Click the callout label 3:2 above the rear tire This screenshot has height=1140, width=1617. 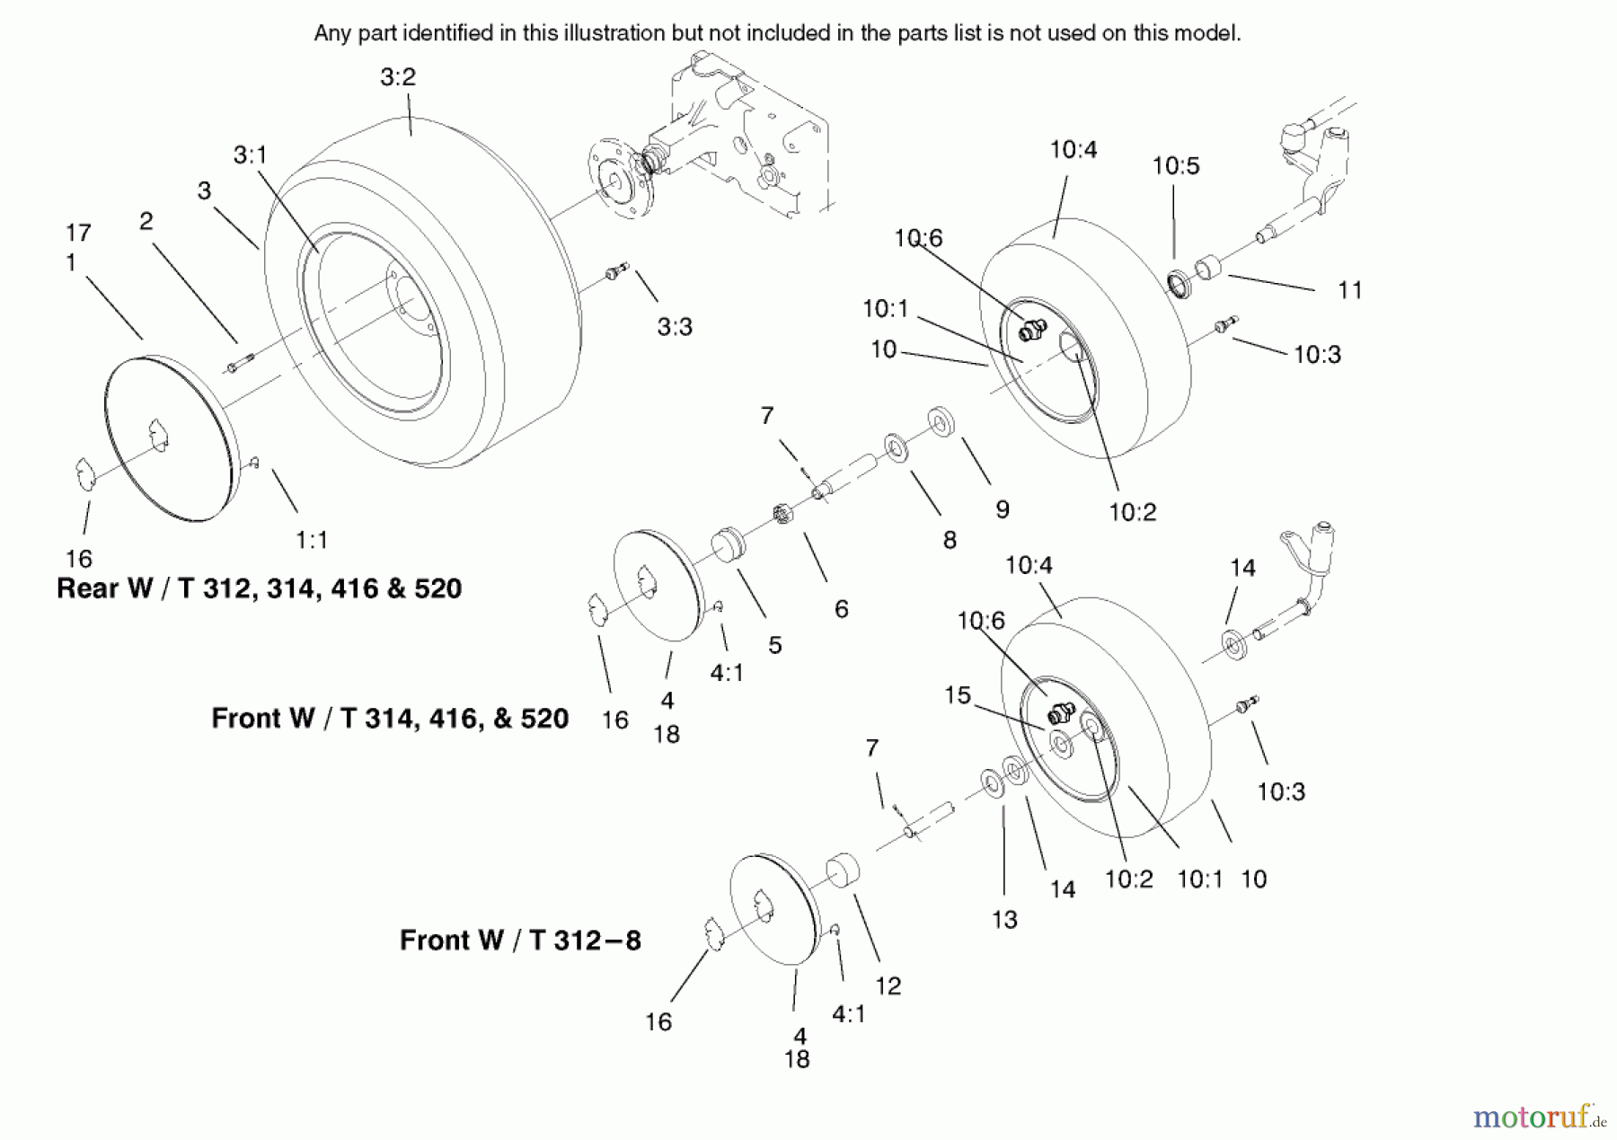tap(397, 77)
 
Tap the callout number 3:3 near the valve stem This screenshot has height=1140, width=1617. tap(674, 327)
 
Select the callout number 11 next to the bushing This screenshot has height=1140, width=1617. tap(1349, 290)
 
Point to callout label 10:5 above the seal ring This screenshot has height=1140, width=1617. tap(1175, 166)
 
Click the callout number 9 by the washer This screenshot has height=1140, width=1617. tap(1003, 509)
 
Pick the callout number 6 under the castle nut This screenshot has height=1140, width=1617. tap(841, 609)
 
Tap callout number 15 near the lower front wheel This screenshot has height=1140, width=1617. tap(957, 695)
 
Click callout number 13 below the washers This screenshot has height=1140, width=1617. tap(1004, 919)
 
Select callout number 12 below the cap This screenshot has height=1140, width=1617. tap(888, 985)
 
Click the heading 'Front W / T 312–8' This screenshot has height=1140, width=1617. tap(520, 941)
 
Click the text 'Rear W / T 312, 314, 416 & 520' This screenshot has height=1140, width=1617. tap(259, 589)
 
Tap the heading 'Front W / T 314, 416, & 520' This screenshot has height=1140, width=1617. tap(390, 719)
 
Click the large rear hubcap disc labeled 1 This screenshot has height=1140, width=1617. tap(172, 438)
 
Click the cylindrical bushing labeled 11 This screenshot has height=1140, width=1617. tap(1207, 268)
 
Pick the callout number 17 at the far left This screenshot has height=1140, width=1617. tap(78, 233)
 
